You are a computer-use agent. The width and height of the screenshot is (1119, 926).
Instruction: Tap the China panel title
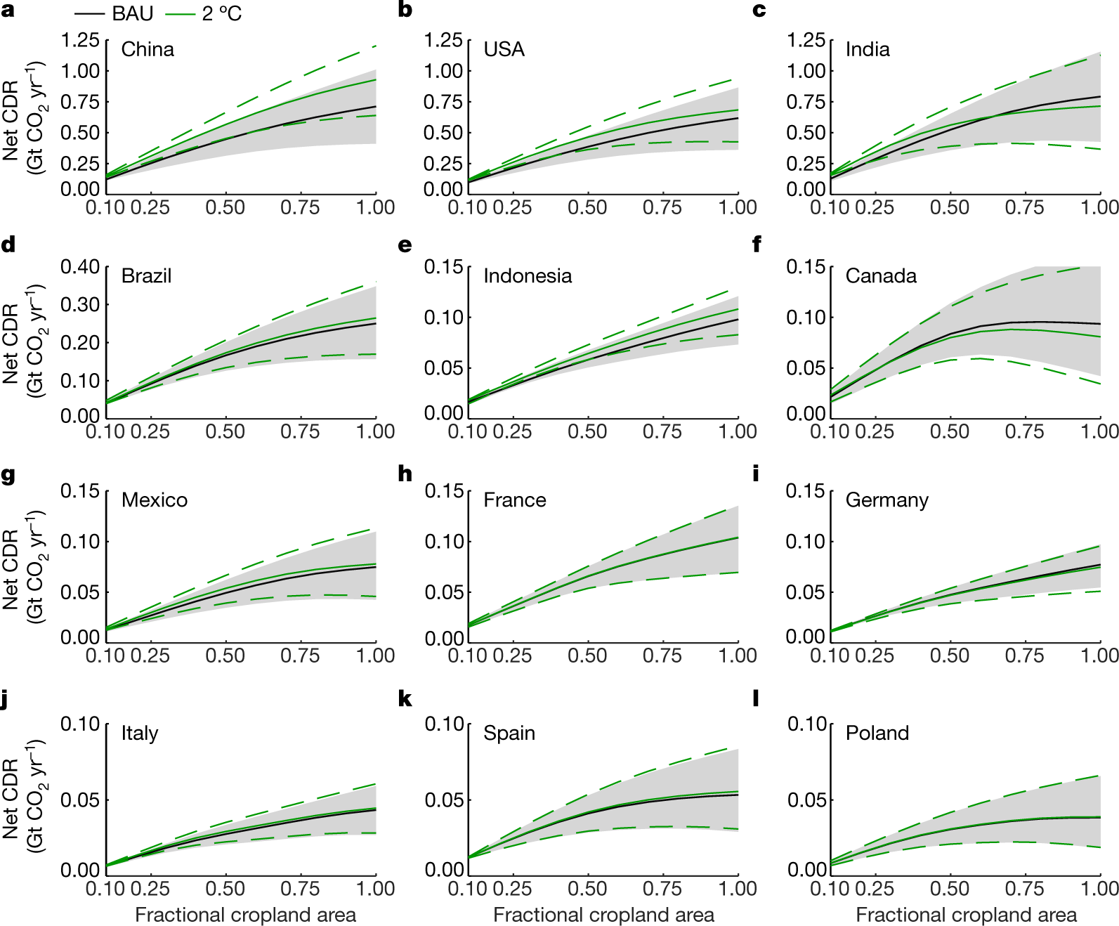(148, 49)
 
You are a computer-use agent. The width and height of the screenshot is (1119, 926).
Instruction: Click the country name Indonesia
(528, 276)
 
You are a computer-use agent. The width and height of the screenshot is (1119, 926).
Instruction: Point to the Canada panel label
(881, 276)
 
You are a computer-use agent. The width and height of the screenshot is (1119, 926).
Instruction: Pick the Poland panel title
(877, 733)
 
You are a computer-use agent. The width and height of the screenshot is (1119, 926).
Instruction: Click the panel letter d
(8, 244)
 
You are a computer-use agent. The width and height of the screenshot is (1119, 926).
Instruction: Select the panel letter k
(405, 699)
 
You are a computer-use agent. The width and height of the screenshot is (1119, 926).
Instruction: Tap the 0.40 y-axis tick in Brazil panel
(80, 267)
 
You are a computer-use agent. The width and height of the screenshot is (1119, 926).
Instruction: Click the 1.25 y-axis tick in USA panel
(443, 40)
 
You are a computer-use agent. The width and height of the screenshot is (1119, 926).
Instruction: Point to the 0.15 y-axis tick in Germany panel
(805, 490)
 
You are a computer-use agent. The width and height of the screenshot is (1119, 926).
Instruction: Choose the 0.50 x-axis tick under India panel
(950, 207)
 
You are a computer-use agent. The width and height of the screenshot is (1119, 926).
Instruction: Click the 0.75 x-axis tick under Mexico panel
(300, 656)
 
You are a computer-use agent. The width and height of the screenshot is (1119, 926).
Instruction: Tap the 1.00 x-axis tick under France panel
(738, 656)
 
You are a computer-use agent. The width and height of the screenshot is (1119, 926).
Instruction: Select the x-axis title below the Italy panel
(245, 915)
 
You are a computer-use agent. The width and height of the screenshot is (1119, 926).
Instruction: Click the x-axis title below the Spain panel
(603, 915)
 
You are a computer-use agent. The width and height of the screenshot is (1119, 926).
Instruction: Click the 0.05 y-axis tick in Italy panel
(80, 800)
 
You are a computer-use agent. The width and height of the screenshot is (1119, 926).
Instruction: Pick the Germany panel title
(886, 500)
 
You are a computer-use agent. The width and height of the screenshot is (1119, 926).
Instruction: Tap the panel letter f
(757, 244)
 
